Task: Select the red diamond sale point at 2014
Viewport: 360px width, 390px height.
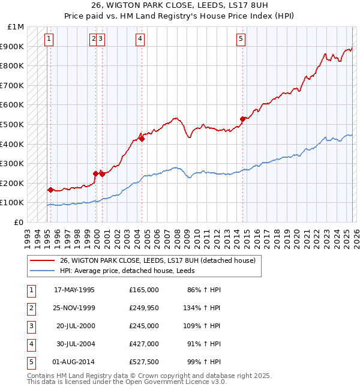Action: coord(243,119)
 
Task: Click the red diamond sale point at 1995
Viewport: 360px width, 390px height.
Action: coord(50,190)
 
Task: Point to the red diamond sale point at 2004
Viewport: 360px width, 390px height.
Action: coord(142,139)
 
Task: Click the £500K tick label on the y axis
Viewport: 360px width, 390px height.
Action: coord(12,124)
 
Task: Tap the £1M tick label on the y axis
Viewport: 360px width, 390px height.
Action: coord(16,27)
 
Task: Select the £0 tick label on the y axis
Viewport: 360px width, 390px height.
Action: coord(19,222)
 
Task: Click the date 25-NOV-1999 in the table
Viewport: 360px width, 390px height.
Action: coord(74,308)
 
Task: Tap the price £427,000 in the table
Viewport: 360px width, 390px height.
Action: coord(144,344)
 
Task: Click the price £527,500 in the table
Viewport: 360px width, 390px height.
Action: coord(144,362)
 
